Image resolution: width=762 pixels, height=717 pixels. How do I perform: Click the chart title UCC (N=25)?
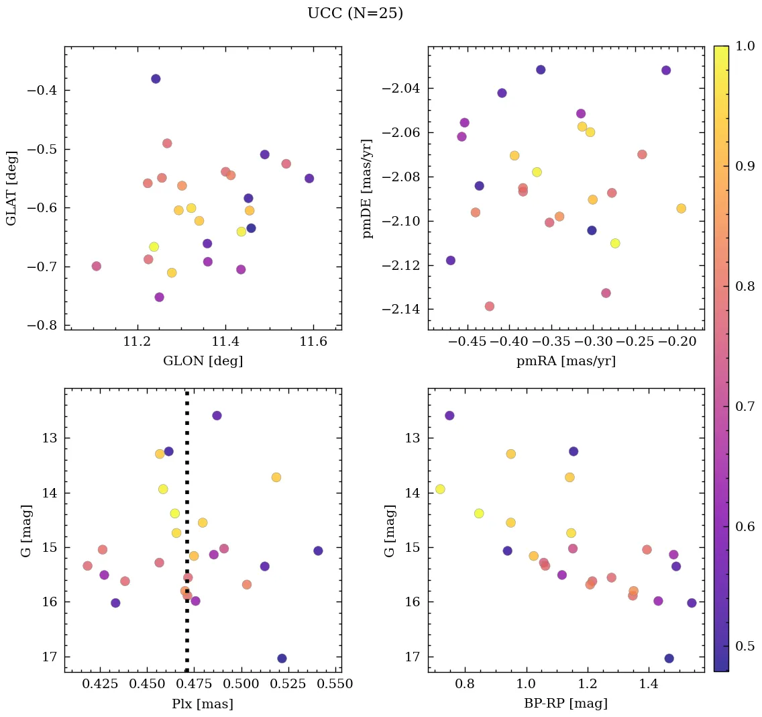pos(355,13)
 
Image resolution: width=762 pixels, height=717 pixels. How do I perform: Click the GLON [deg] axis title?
pos(203,361)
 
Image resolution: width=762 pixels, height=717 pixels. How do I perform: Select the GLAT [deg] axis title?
pos(11,188)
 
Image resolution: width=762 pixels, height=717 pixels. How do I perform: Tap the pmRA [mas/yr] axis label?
pos(565,361)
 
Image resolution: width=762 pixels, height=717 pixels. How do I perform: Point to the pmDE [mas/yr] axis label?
pos(367,188)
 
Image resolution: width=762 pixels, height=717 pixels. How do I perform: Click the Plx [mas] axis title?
pos(203,704)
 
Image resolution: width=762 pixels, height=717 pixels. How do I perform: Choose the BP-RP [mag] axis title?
pos(565,704)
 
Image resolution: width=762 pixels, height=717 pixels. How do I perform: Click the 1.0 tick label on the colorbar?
pos(747,46)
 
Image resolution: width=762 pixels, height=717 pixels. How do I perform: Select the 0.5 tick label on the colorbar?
pos(747,646)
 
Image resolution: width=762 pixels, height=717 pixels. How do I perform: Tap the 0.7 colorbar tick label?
pos(747,406)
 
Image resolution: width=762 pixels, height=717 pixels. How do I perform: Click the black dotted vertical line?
pos(186,470)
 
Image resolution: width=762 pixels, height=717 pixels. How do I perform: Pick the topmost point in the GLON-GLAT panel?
pos(156,79)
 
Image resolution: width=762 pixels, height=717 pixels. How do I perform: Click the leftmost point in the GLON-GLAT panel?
pos(96,266)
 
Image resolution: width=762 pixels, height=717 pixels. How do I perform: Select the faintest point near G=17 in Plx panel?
pos(282,658)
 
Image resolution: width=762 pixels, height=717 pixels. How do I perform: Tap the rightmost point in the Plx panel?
pos(318,551)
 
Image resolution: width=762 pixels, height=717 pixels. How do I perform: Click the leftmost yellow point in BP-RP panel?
pos(440,489)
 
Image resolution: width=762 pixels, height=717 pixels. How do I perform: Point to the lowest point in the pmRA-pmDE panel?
pos(490,306)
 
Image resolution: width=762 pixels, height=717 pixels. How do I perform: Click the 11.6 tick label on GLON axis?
pos(313,342)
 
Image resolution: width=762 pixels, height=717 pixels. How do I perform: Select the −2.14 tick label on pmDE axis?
pos(400,309)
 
